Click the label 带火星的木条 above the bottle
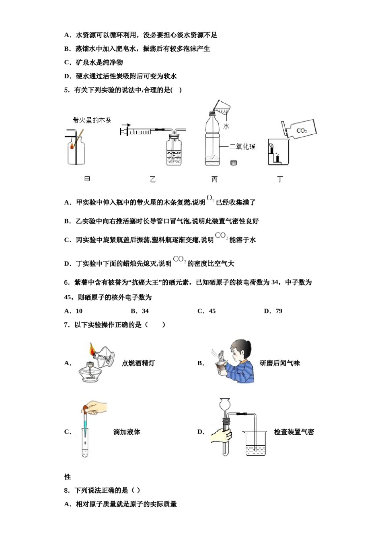click(92, 120)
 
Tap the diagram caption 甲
click(87, 179)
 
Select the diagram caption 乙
click(152, 179)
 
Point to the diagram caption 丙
click(215, 179)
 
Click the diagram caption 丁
click(280, 179)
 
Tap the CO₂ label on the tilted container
click(302, 131)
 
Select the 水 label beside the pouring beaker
click(226, 126)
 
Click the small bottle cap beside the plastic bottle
click(234, 163)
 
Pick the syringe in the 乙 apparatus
click(139, 131)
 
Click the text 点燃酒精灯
click(138, 363)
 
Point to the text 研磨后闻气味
click(279, 363)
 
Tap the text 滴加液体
click(127, 432)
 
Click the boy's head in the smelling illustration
click(241, 349)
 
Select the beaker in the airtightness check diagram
click(255, 444)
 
